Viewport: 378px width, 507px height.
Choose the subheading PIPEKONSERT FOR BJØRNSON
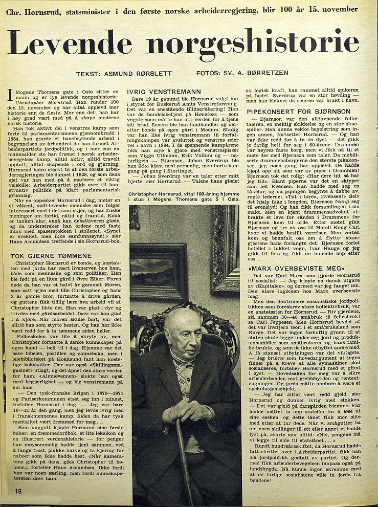[294, 111]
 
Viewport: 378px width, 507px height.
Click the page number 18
[18, 491]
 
